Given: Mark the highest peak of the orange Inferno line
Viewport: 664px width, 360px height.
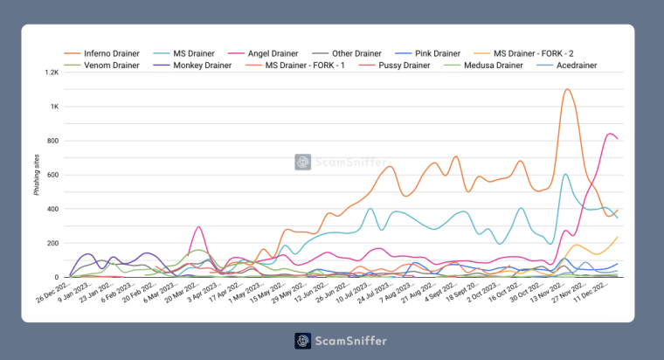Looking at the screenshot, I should point(567,89).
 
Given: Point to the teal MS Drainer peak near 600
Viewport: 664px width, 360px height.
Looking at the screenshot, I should point(566,174).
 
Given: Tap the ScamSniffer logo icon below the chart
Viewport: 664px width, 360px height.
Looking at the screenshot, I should point(302,341).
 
